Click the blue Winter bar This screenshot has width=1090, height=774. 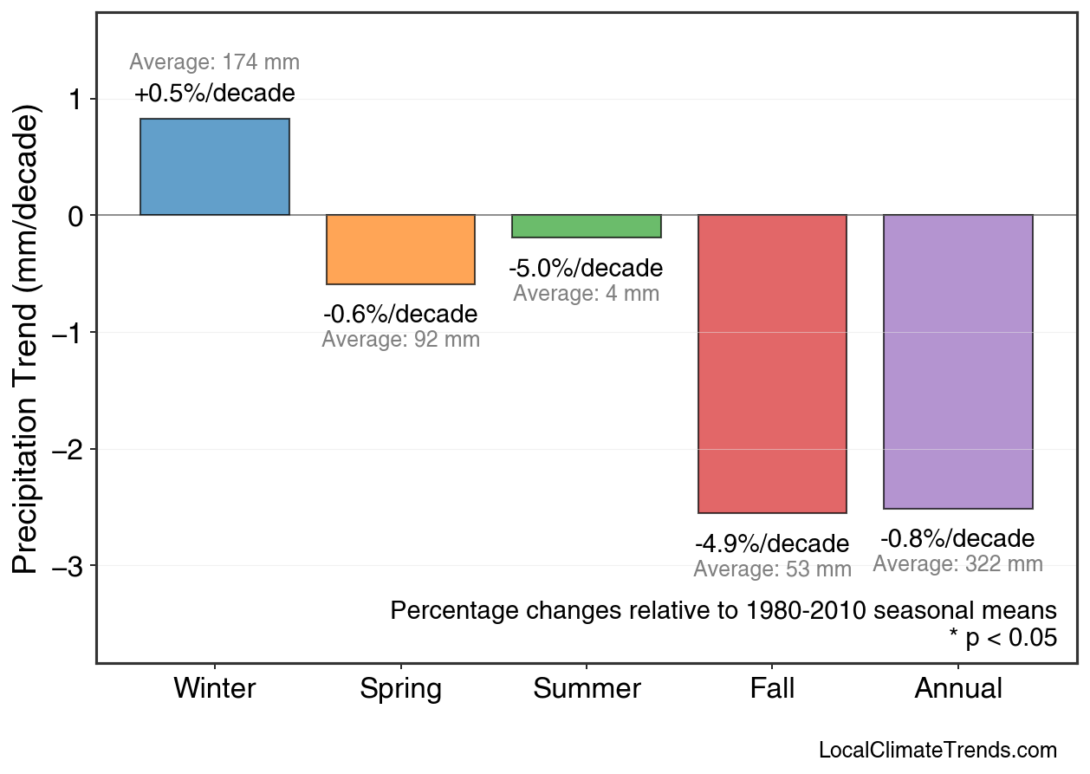pyautogui.click(x=215, y=166)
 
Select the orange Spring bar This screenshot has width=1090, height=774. pyautogui.click(x=400, y=250)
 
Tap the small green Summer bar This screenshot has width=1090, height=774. pyautogui.click(x=587, y=226)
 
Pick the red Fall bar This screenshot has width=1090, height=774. pyautogui.click(x=772, y=364)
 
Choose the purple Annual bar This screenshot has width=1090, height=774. pyautogui.click(x=958, y=361)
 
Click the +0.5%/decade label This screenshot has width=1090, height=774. pyautogui.click(x=215, y=94)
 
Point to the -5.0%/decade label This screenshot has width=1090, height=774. pyautogui.click(x=586, y=269)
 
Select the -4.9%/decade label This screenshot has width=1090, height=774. pyautogui.click(x=772, y=544)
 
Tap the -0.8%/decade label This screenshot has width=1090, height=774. pyautogui.click(x=957, y=539)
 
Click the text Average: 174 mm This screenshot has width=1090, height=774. pyautogui.click(x=215, y=62)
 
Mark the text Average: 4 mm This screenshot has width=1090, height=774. pyautogui.click(x=586, y=294)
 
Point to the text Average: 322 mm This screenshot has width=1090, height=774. pyautogui.click(x=957, y=564)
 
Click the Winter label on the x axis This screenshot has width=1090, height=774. pyautogui.click(x=215, y=689)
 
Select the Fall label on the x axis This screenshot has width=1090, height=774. pyautogui.click(x=772, y=689)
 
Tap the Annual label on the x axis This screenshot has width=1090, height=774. pyautogui.click(x=958, y=689)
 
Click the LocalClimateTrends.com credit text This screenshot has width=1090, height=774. pyautogui.click(x=938, y=751)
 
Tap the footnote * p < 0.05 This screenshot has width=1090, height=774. pyautogui.click(x=1002, y=638)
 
